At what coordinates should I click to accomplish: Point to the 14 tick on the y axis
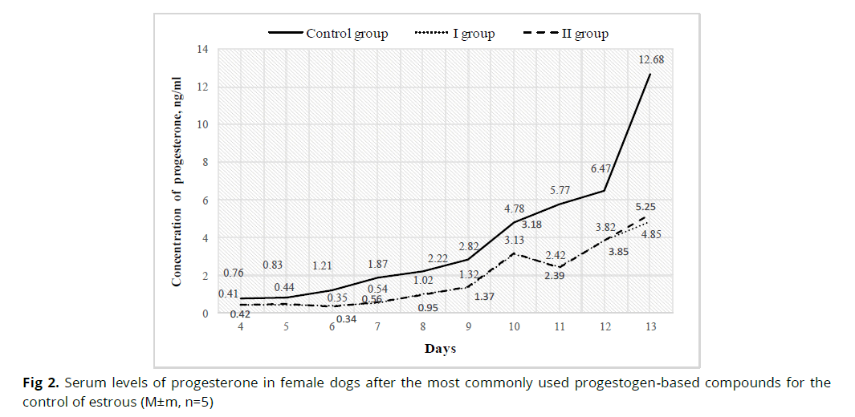tap(202, 50)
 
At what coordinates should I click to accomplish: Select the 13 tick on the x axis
tap(649, 327)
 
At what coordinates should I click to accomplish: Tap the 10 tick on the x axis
tap(513, 327)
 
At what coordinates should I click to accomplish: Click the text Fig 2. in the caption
tap(40, 383)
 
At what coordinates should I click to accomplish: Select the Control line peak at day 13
tap(649, 74)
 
